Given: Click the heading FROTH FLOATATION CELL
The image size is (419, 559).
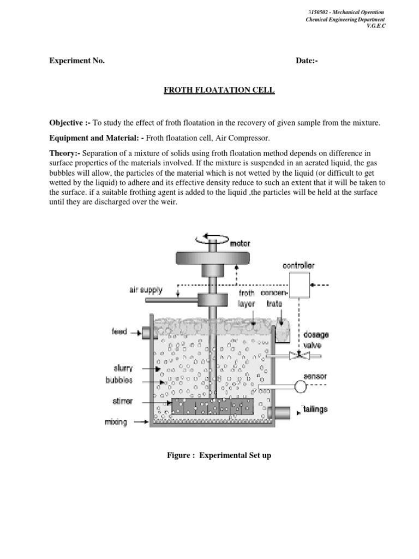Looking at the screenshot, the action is pos(219,90).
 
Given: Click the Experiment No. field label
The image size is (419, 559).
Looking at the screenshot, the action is pos(77,61).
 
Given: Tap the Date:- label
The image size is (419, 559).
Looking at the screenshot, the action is pos(307,61).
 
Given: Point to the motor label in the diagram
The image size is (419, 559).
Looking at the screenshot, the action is pos(241,243).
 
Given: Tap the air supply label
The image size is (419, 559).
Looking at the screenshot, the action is pos(146,290).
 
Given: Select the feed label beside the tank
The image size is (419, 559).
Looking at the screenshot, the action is pos(119,331).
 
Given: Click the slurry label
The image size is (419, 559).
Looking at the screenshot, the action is pos(123,368).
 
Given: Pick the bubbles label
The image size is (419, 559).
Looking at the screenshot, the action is pos(119,380).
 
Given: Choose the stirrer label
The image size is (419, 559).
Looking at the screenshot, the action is pos(122,402).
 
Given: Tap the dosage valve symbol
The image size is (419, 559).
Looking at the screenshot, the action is pos(298,355).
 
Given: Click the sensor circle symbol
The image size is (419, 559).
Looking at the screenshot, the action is pos(300,386).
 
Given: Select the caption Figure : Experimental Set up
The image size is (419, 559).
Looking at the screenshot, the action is pos(219,455).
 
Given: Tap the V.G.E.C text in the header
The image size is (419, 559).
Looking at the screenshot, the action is pos(376,27).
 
